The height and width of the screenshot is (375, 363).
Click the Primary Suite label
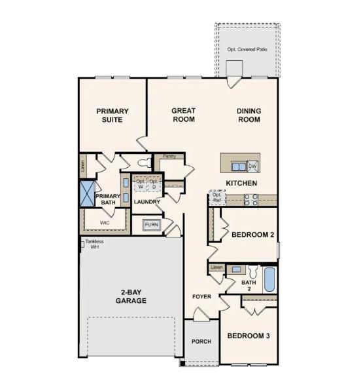(112, 115)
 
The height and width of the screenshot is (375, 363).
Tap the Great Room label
(183, 115)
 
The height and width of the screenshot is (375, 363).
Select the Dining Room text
(249, 115)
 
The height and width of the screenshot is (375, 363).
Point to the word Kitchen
(241, 183)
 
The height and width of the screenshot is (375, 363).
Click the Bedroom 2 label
(252, 234)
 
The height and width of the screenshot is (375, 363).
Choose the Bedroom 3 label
(248, 336)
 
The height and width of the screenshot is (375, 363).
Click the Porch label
(201, 342)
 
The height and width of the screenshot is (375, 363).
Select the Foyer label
(201, 296)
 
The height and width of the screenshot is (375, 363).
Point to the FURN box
(151, 224)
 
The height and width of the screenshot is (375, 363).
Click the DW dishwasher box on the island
(252, 166)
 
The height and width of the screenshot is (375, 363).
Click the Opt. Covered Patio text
(248, 49)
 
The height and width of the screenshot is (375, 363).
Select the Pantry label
(169, 156)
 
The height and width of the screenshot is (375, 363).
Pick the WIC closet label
(105, 223)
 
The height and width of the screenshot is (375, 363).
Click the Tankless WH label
(94, 244)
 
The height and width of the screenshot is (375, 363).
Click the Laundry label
(147, 201)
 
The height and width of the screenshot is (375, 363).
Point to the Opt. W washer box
(141, 184)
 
